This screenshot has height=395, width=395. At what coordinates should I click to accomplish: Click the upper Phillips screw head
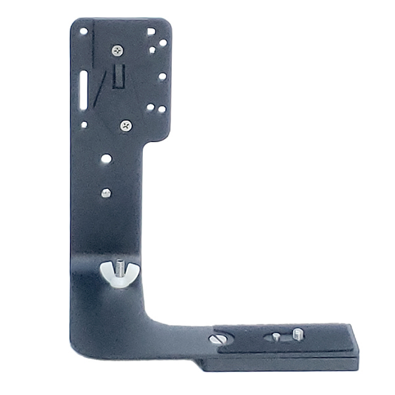pyautogui.click(x=117, y=50)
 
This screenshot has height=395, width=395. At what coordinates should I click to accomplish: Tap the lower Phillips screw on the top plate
pyautogui.click(x=126, y=124)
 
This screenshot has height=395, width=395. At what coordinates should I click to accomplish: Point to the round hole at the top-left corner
pyautogui.click(x=84, y=31)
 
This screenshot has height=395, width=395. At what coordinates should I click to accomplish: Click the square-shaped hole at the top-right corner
pyautogui.click(x=151, y=31)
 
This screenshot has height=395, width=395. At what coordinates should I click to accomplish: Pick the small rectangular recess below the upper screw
pyautogui.click(x=119, y=77)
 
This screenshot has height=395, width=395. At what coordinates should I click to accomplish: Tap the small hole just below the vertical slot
pyautogui.click(x=84, y=123)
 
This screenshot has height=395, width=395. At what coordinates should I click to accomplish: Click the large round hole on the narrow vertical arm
pyautogui.click(x=106, y=159)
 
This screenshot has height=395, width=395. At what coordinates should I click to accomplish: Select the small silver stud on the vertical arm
pyautogui.click(x=105, y=193)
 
